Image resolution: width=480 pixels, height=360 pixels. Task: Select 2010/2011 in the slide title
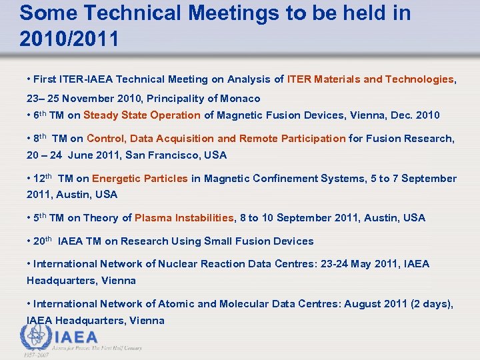point(69,39)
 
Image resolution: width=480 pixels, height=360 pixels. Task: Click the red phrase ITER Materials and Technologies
point(370,79)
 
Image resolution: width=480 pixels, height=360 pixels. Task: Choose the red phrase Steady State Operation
point(142,115)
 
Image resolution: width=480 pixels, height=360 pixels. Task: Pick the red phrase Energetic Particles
point(140,179)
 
